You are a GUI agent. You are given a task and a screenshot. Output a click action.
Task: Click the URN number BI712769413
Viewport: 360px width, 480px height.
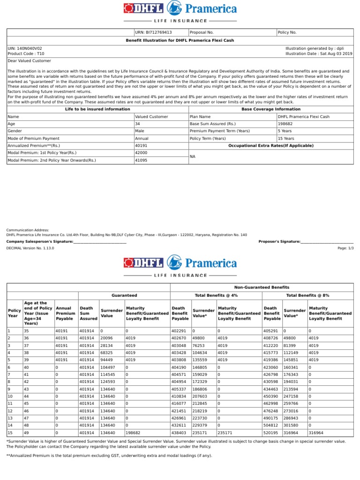point(153,32)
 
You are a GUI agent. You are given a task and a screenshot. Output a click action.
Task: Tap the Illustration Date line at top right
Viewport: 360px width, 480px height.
point(319,54)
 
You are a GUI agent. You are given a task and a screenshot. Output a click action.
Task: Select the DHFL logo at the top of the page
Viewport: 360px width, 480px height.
point(143,8)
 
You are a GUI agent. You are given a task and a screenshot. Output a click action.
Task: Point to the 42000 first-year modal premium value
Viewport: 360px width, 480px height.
point(141,153)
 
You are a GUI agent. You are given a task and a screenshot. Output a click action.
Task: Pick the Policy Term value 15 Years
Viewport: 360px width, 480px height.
point(286,138)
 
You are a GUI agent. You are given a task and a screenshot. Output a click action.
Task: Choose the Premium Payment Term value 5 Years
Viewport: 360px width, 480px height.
point(285,131)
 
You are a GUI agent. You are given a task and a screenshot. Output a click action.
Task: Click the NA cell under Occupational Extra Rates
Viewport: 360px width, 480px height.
point(192,157)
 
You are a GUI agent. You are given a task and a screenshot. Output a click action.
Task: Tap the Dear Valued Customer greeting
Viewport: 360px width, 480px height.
point(30,60)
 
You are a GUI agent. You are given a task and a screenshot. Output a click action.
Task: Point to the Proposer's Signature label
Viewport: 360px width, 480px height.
point(279,241)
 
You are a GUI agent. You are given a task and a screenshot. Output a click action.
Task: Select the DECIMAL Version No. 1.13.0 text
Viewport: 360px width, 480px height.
point(30,248)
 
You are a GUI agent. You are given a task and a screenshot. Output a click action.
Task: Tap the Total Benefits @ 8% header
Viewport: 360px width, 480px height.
point(307,295)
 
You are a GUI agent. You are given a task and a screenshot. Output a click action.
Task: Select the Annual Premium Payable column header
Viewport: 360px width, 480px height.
point(65,313)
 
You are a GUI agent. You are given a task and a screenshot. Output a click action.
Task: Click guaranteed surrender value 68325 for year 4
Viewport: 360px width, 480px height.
point(107,352)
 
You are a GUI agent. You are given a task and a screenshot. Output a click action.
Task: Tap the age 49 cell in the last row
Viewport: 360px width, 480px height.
point(26,433)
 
